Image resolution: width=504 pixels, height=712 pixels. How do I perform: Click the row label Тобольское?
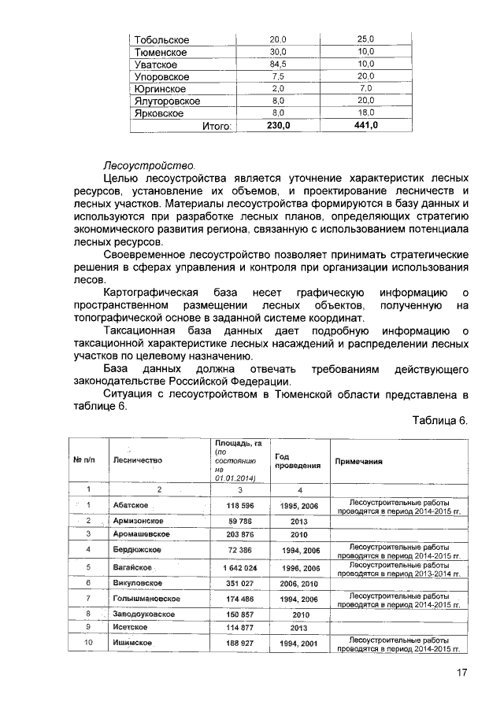(161, 39)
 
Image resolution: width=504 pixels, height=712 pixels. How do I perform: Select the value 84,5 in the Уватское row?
(278, 65)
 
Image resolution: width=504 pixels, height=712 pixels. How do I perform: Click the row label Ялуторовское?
(167, 101)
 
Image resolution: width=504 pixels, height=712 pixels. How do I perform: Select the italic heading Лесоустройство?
(149, 167)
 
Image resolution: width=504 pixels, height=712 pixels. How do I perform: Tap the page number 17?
(461, 673)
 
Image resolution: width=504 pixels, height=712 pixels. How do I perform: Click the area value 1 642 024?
(243, 567)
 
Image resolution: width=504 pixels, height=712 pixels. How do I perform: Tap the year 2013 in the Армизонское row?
(298, 521)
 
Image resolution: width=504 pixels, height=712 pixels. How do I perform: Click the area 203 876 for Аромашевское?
(243, 534)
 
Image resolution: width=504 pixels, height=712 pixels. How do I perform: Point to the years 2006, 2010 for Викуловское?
(298, 583)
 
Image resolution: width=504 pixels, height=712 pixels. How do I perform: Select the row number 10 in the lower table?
(89, 643)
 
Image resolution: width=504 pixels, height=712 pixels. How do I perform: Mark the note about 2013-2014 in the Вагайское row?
(398, 569)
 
